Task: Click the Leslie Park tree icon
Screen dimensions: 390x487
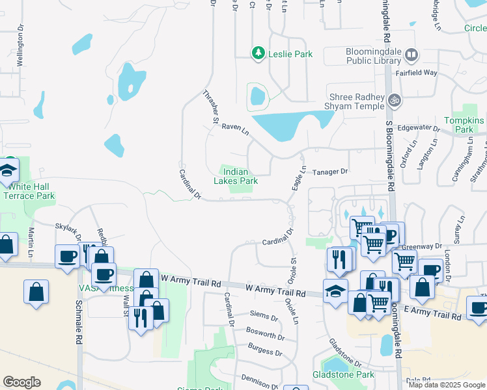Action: (x=259, y=54)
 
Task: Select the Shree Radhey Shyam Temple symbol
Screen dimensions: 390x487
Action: (x=393, y=101)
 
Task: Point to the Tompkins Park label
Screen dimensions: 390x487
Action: (x=464, y=125)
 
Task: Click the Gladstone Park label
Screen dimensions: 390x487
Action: (x=352, y=375)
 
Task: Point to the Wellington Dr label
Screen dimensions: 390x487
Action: (x=20, y=49)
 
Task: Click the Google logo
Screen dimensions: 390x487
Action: (x=21, y=382)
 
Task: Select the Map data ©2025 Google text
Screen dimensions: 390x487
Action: (x=447, y=385)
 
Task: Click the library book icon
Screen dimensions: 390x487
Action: (x=410, y=55)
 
